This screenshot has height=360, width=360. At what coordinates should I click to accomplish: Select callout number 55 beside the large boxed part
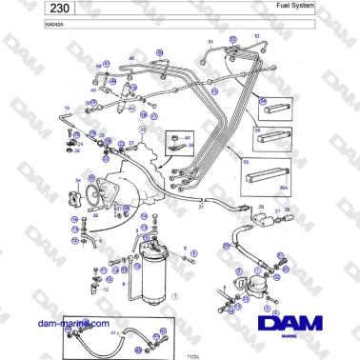point(246,163)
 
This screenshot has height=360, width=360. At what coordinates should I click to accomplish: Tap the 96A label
point(283,189)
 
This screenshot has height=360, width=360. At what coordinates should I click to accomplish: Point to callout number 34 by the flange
point(77,178)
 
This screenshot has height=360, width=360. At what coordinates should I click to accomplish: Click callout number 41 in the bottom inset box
point(113,334)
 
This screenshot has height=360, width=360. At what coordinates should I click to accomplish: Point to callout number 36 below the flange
point(94,216)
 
